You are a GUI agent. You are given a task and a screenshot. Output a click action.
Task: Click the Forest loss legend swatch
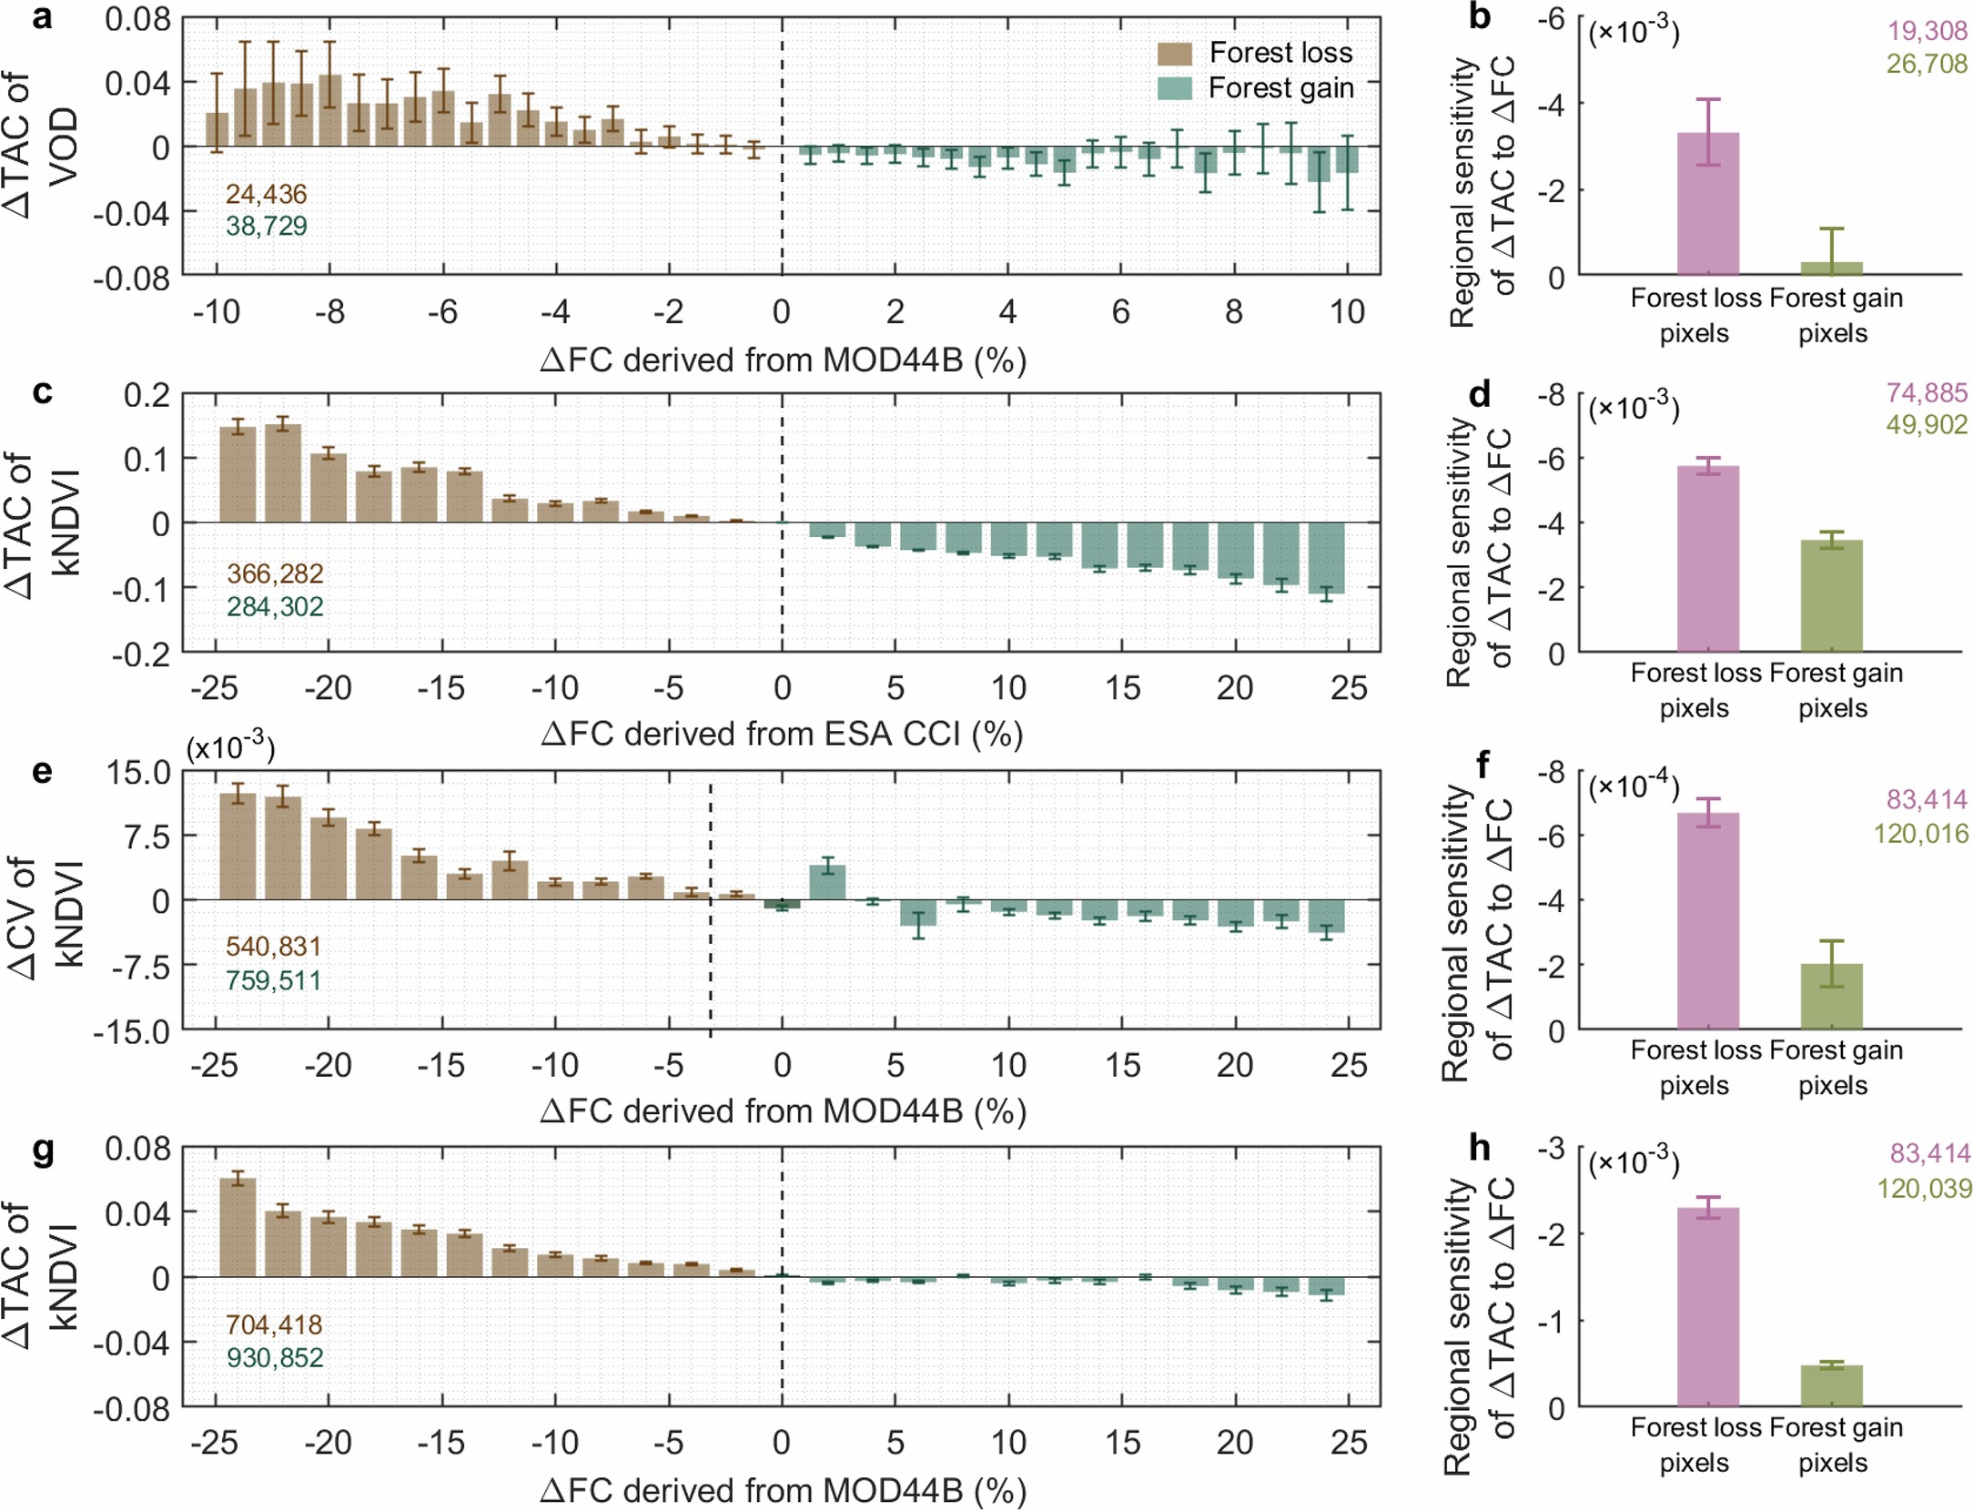click(x=1174, y=54)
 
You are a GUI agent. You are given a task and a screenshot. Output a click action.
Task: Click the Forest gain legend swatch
click(x=1174, y=88)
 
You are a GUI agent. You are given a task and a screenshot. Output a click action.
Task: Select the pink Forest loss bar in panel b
click(x=1707, y=204)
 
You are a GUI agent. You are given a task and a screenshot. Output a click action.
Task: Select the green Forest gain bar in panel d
click(x=1831, y=596)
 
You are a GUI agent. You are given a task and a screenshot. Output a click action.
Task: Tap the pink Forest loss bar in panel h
click(x=1707, y=1307)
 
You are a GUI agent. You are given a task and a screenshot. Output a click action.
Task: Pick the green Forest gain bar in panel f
click(x=1831, y=997)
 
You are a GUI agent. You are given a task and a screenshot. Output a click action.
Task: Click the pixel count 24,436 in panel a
click(x=266, y=194)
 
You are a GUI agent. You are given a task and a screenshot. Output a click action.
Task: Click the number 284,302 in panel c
click(x=275, y=606)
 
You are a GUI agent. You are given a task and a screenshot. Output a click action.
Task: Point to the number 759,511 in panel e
click(x=273, y=980)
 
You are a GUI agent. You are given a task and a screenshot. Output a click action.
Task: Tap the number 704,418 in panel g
click(x=273, y=1324)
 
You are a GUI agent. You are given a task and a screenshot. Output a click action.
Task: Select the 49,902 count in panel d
click(x=1926, y=425)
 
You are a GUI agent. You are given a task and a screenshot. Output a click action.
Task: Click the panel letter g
click(x=43, y=1150)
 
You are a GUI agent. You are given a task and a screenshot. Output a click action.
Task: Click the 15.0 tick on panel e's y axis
click(x=138, y=773)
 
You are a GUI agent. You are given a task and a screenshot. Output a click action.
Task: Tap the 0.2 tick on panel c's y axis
click(x=147, y=395)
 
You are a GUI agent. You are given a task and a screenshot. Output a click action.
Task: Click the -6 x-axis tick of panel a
click(x=442, y=312)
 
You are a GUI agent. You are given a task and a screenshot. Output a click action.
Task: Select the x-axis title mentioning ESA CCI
click(x=782, y=734)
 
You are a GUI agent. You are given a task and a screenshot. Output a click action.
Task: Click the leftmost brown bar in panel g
click(x=238, y=1227)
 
